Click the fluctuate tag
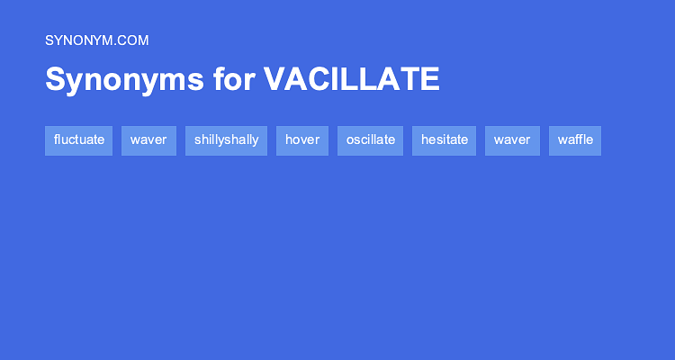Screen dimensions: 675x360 tap(79, 140)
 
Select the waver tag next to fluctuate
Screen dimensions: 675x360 tap(148, 140)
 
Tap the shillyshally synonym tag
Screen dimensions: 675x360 tap(226, 140)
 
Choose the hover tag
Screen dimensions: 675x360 tap(302, 140)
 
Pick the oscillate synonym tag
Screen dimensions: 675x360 tap(370, 140)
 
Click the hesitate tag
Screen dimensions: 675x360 tap(445, 140)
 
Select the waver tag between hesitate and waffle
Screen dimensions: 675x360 tap(512, 140)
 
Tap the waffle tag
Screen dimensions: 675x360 tap(575, 140)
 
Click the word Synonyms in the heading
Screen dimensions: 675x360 tap(124, 80)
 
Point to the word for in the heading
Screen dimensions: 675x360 tap(234, 79)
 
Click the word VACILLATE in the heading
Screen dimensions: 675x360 tap(352, 79)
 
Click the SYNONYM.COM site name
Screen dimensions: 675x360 tap(97, 40)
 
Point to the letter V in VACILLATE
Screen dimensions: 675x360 tap(275, 79)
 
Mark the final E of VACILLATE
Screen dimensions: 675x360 tap(429, 79)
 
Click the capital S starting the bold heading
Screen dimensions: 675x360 tap(56, 79)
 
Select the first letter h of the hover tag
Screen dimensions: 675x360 tap(288, 139)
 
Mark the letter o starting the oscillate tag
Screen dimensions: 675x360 tap(349, 140)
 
